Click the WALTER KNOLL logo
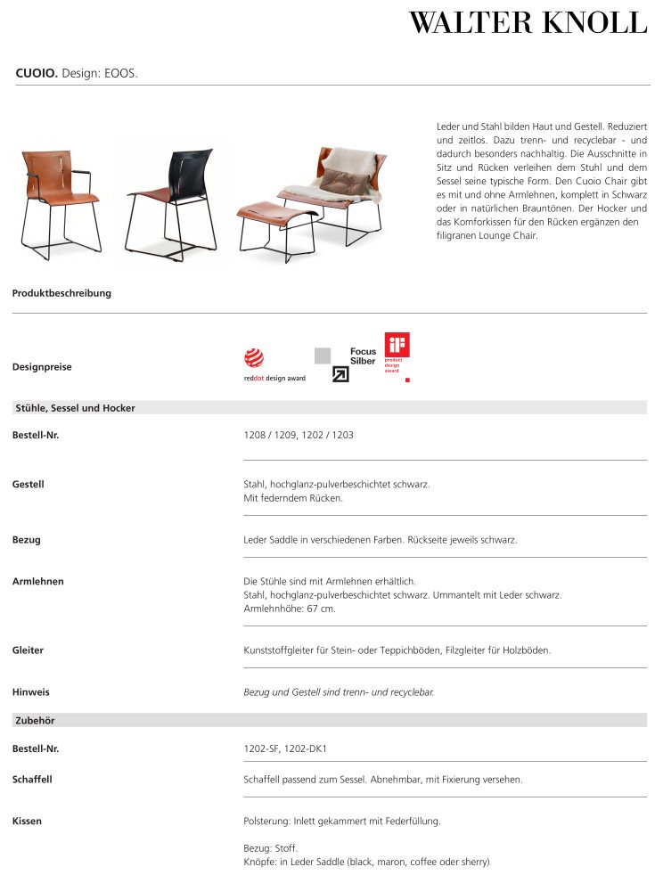[x=528, y=23]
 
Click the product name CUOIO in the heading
[x=37, y=73]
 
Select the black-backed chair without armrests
[x=173, y=200]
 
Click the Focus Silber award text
[x=363, y=356]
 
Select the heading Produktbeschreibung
[x=61, y=293]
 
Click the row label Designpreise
[x=42, y=367]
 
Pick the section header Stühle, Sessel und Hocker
[x=75, y=408]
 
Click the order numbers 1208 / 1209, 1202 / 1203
[x=299, y=436]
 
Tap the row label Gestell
[x=28, y=485]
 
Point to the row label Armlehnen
[x=38, y=582]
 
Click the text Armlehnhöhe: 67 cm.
[x=290, y=609]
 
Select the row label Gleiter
[x=28, y=650]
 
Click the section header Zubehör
[x=36, y=720]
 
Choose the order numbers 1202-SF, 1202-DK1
[x=291, y=749]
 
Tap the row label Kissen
[x=27, y=821]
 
